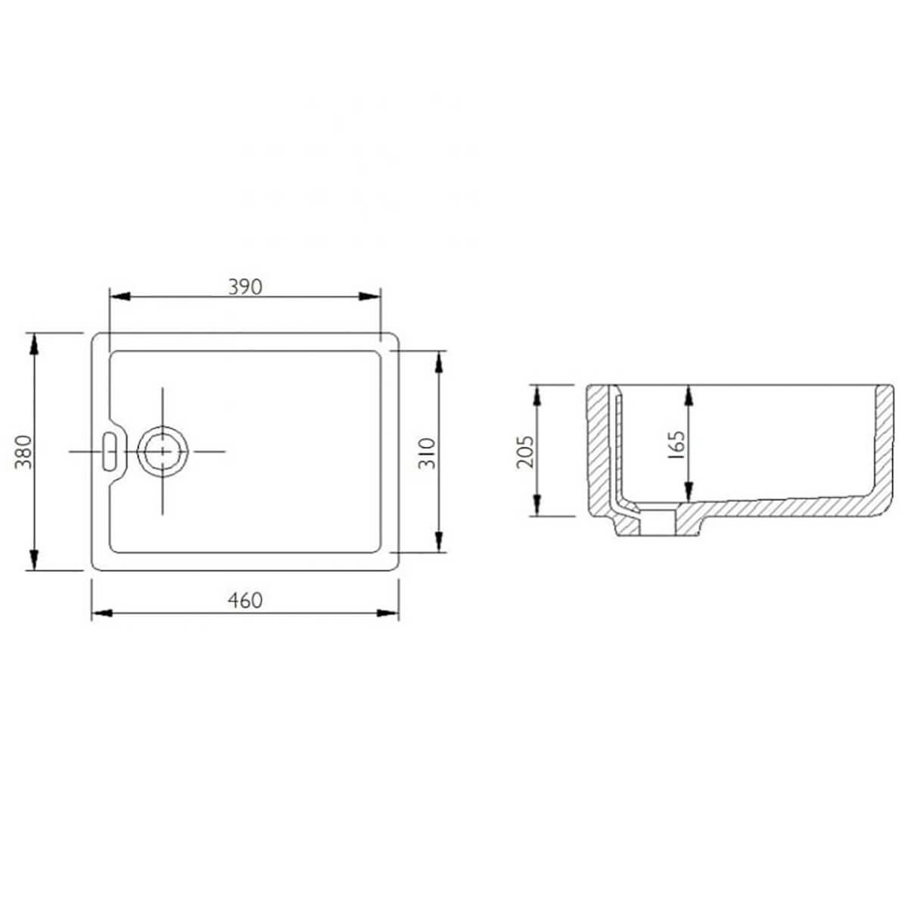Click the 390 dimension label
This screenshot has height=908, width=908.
click(245, 287)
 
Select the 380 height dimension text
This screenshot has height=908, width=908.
click(23, 452)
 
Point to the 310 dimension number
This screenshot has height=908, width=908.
click(427, 452)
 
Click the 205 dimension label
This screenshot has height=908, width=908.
click(525, 452)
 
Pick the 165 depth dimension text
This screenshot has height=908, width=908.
click(676, 445)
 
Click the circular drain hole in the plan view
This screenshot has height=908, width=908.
click(163, 452)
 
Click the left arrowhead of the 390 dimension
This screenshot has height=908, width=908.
click(120, 297)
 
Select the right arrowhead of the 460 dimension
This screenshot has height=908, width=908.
click(388, 613)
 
